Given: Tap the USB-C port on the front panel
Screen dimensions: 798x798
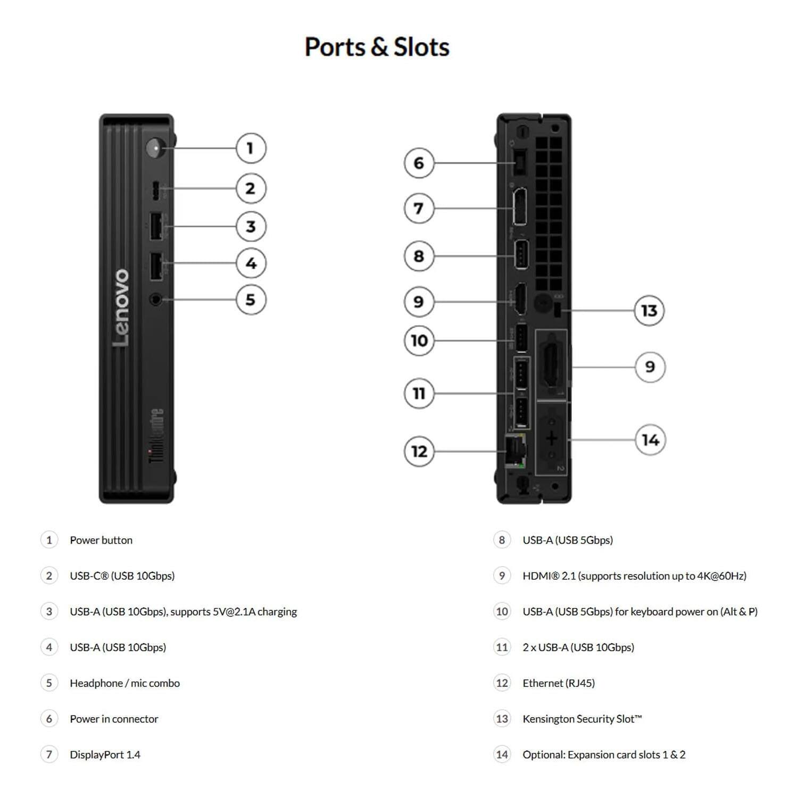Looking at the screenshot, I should click(x=155, y=190).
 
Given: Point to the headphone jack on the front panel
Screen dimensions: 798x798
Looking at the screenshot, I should click(x=155, y=300).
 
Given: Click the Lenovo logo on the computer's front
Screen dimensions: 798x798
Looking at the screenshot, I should click(x=121, y=307).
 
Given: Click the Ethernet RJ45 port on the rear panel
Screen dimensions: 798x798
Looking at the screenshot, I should click(x=515, y=451).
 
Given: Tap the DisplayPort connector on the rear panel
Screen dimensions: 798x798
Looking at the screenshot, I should click(x=520, y=206).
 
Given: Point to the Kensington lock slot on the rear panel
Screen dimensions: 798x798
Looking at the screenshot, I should click(x=557, y=310).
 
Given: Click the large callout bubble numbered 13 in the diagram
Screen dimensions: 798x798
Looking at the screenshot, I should click(x=649, y=310).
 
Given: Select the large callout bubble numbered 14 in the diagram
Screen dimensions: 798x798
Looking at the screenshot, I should click(x=650, y=440).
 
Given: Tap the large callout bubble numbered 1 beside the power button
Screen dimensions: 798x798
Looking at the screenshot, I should click(x=251, y=148).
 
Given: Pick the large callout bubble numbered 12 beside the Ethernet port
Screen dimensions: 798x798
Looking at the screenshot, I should click(x=419, y=451).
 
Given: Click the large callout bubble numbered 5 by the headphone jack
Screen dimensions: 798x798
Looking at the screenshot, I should click(x=251, y=300).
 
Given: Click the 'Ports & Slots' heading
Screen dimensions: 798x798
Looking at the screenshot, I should click(x=377, y=47).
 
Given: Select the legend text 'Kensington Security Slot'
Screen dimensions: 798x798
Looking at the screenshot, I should click(x=582, y=719).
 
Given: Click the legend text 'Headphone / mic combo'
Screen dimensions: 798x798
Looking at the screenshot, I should click(x=124, y=683).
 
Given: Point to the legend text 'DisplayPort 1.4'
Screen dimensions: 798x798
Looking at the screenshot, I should click(x=105, y=754).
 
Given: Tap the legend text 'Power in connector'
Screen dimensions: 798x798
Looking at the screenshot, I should click(x=114, y=719).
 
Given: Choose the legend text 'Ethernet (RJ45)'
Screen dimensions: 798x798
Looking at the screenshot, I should click(x=559, y=683).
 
